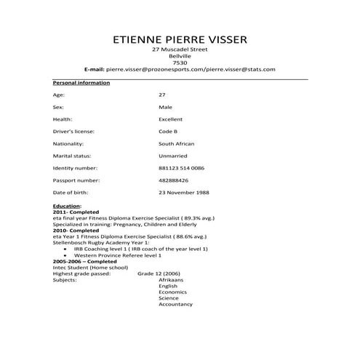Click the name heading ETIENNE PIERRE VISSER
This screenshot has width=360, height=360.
[x=180, y=38]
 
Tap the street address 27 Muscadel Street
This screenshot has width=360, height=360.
[x=180, y=49]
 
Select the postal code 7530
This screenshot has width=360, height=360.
[x=180, y=62]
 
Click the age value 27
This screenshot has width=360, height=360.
[x=162, y=95]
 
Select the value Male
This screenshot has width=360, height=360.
[x=165, y=107]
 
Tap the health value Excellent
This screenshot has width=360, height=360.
[x=170, y=119]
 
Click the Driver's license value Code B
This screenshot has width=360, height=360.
[x=168, y=132]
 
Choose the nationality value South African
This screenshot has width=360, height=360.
[x=176, y=144]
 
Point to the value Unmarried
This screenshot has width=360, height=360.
[x=172, y=156]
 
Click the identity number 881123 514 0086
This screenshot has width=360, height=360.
[x=181, y=168]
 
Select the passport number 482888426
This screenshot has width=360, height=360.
[x=173, y=180]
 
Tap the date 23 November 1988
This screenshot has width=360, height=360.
[x=183, y=192]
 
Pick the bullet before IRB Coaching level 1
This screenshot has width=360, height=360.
[x=66, y=249]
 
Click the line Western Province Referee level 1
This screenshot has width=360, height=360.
[x=117, y=255]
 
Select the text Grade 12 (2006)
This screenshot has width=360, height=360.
[x=156, y=273]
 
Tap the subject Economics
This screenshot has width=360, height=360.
[x=173, y=292]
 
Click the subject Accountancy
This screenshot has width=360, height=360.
[x=175, y=304]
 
